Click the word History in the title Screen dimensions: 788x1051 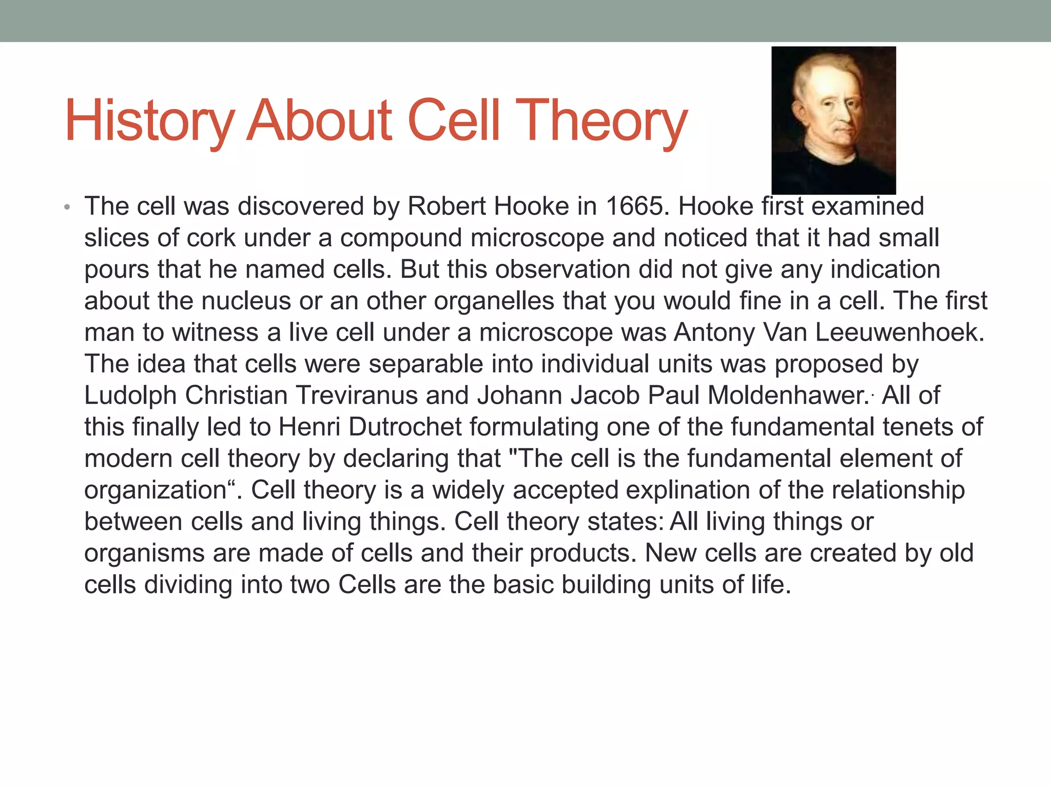149,121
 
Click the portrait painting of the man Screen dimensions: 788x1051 833,120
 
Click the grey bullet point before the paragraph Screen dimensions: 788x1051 67,208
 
